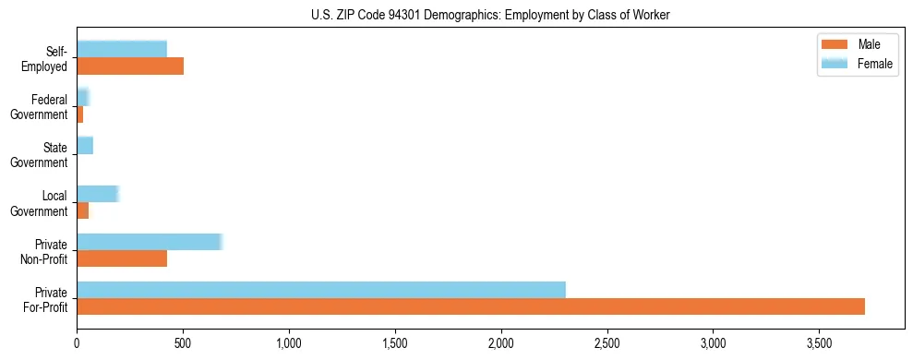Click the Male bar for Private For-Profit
click(471, 306)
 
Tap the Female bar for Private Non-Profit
click(150, 242)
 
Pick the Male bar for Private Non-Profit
click(122, 258)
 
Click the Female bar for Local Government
click(98, 194)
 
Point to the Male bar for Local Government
click(83, 210)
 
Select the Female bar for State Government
click(85, 146)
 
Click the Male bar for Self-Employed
click(130, 66)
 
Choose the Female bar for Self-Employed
click(122, 49)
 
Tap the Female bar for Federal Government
click(82, 97)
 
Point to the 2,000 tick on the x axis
click(501, 341)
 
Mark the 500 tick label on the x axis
click(183, 341)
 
